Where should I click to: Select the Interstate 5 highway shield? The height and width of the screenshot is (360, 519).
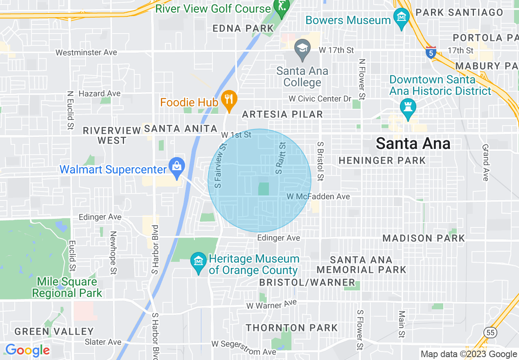(x=430, y=52)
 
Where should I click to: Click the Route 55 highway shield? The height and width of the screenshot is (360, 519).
(x=490, y=332)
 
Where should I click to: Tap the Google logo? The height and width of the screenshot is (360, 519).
(x=27, y=351)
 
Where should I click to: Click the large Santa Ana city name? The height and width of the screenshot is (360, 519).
(x=413, y=144)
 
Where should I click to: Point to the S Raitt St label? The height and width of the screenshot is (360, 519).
(x=281, y=158)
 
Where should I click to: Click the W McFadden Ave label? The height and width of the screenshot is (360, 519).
(x=318, y=197)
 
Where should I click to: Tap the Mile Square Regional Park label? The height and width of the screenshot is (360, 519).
(x=67, y=287)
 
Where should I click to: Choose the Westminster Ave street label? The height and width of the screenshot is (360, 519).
(x=86, y=52)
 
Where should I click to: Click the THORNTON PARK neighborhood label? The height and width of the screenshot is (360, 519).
(x=292, y=328)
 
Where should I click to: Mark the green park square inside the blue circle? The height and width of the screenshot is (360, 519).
(x=264, y=189)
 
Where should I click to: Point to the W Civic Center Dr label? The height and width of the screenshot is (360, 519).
(x=320, y=99)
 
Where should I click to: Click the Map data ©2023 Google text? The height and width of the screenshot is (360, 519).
(x=469, y=354)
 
